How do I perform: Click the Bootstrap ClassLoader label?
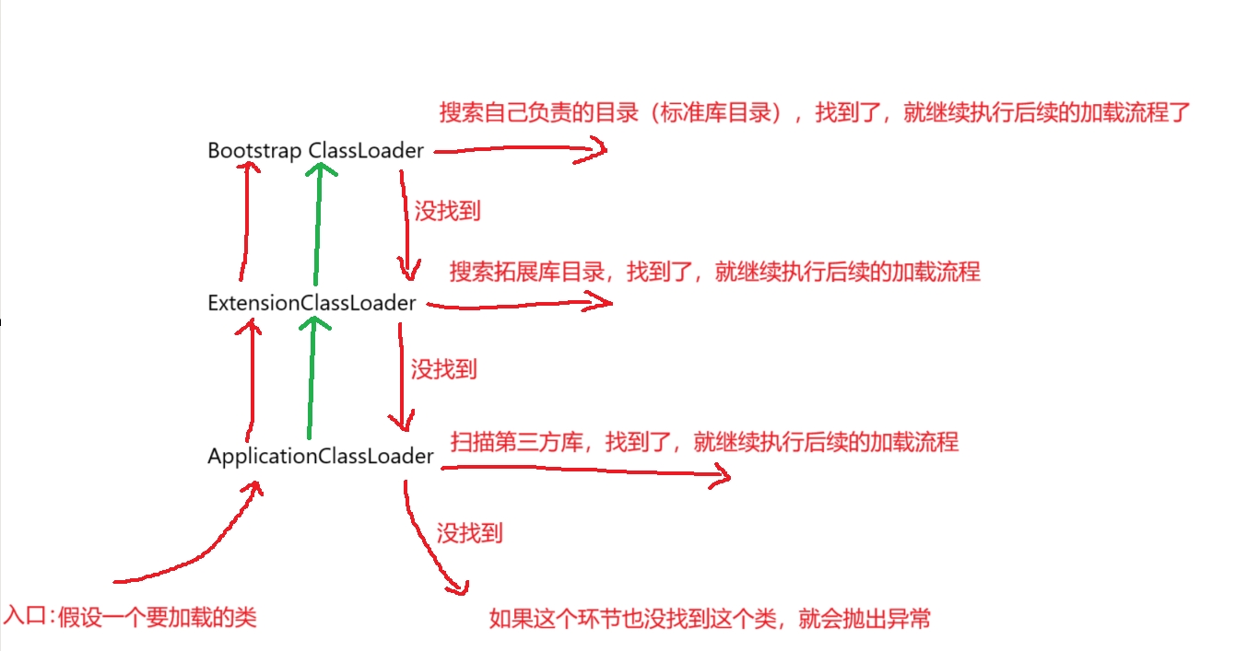(315, 150)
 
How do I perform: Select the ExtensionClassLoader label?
(312, 302)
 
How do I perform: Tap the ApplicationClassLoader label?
(320, 456)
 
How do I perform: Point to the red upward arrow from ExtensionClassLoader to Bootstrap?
(245, 221)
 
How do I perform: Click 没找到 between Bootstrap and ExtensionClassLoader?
(447, 211)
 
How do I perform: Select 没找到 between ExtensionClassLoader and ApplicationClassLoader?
(443, 370)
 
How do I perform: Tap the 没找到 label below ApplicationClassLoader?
(469, 532)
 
